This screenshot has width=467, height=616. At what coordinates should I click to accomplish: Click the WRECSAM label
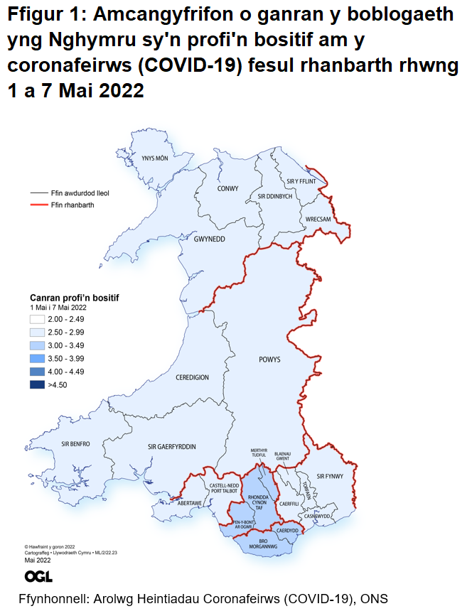(x=318, y=220)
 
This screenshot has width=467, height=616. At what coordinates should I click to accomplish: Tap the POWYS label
(x=267, y=360)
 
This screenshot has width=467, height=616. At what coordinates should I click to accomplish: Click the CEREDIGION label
(x=192, y=377)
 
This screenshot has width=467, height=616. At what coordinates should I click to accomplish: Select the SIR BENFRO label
(x=75, y=444)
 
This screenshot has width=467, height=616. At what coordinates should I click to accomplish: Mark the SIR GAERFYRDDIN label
(x=171, y=446)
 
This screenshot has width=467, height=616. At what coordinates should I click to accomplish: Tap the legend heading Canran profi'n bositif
(x=74, y=297)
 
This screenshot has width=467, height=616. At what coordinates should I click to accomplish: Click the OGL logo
(x=38, y=576)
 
